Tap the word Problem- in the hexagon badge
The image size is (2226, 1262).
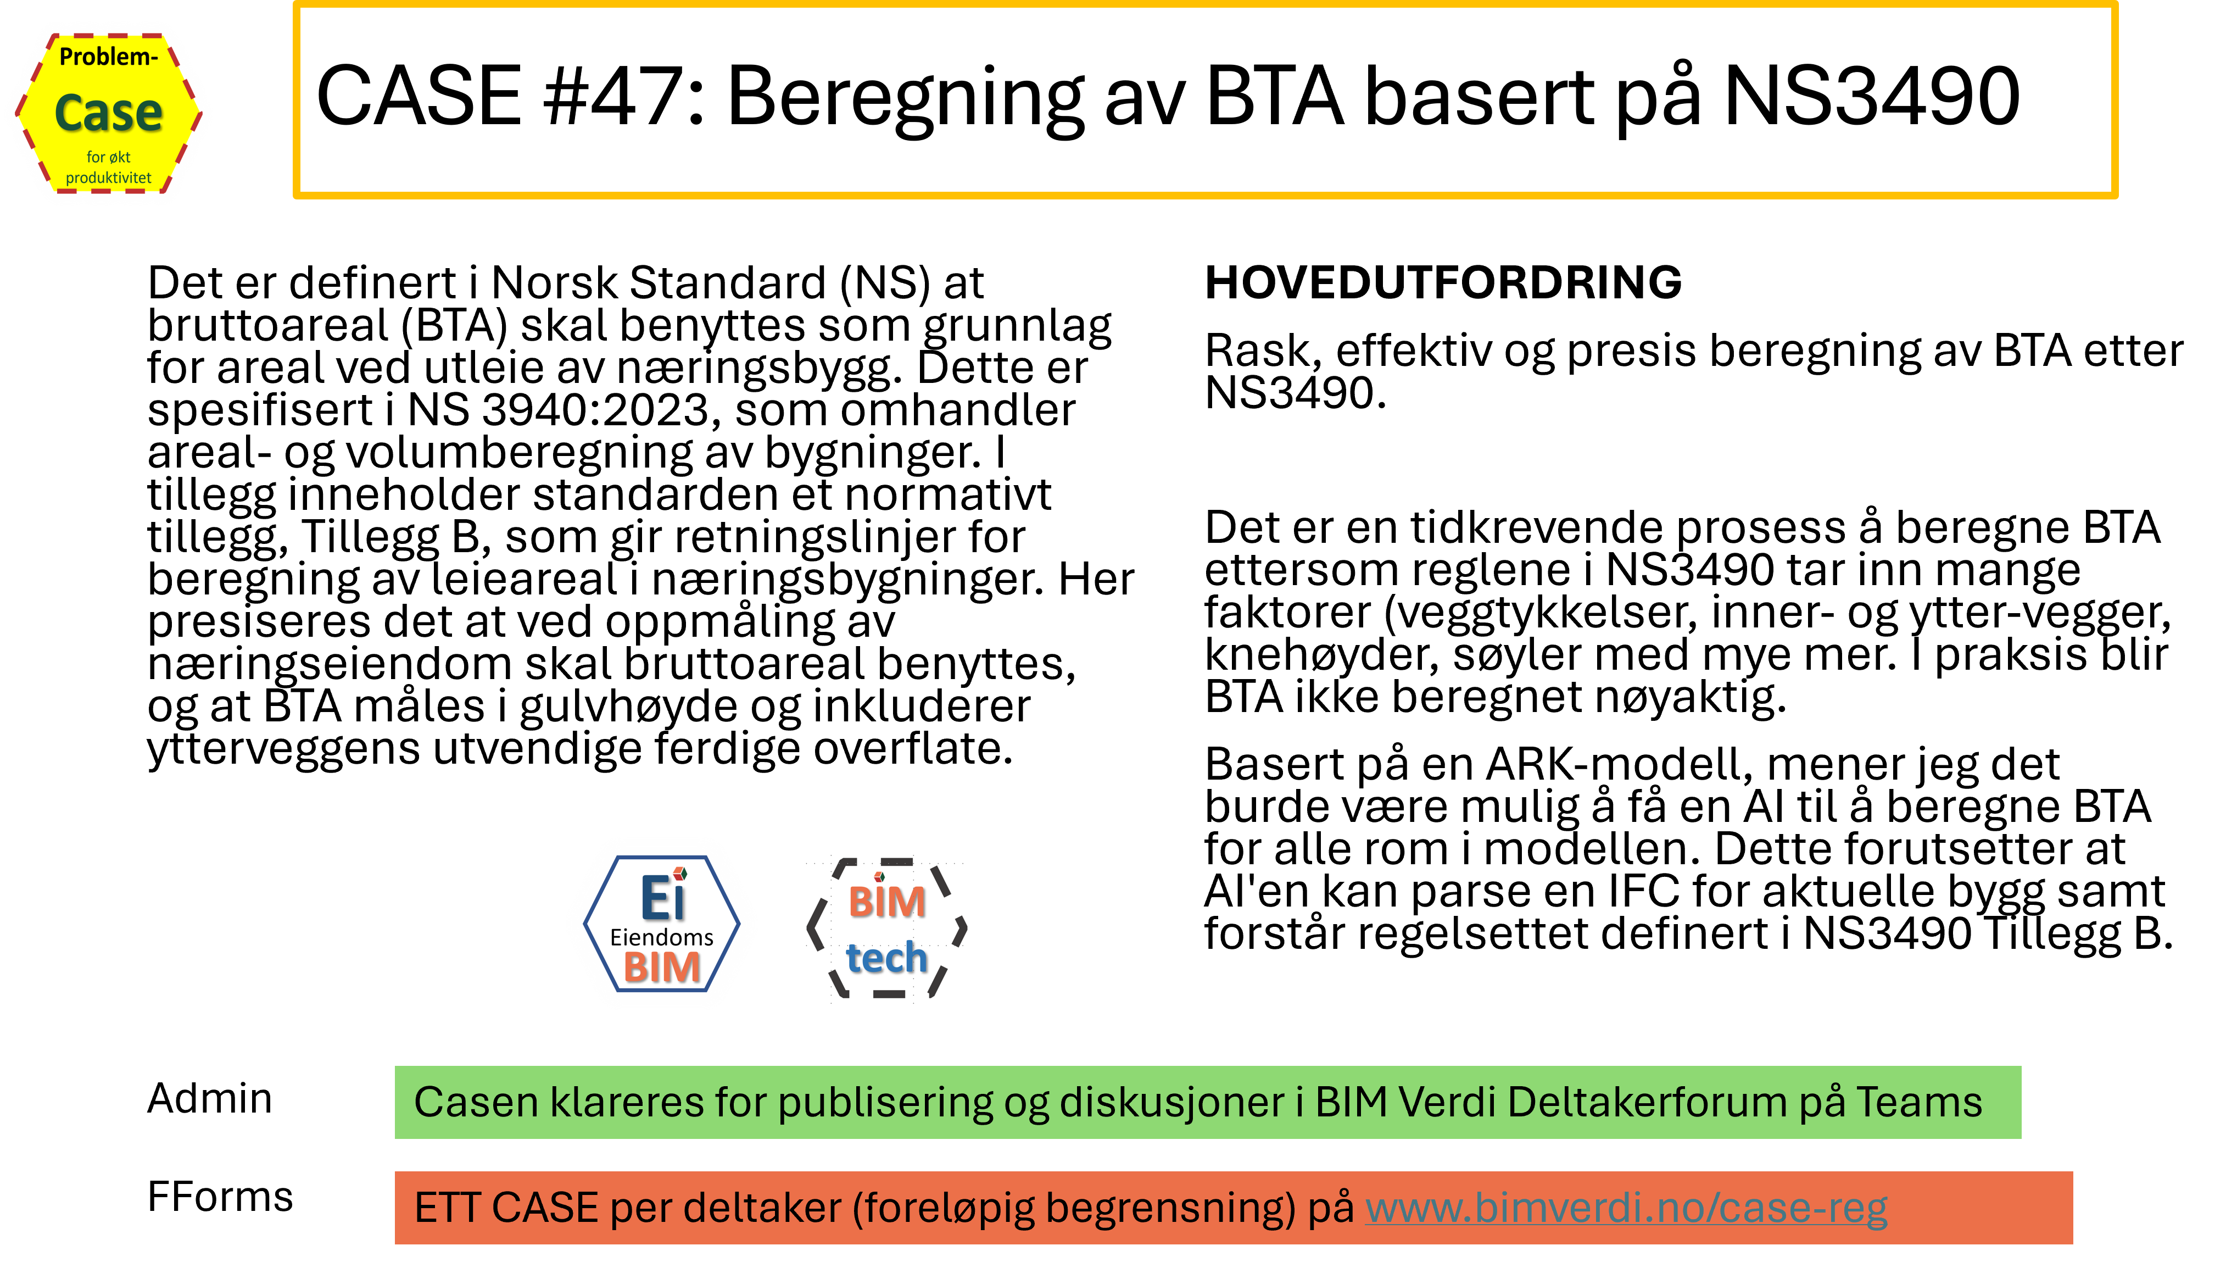tap(108, 57)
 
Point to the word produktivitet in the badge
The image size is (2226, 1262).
tap(108, 177)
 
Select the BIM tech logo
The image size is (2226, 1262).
tap(886, 929)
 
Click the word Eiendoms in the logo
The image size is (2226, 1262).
tap(661, 937)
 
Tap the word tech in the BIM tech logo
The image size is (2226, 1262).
tap(886, 958)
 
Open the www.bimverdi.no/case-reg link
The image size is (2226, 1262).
tap(1626, 1208)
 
